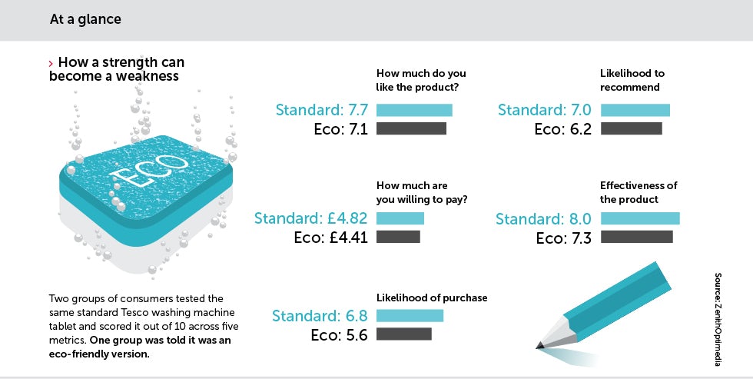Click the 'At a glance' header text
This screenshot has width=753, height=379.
(x=85, y=20)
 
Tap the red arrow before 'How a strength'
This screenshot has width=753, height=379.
(x=51, y=63)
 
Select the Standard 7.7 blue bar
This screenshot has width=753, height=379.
(x=414, y=110)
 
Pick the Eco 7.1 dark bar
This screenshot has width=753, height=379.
(x=411, y=128)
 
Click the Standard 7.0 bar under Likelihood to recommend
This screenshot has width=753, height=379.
(x=635, y=110)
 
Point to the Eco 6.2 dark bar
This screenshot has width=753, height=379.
(x=631, y=128)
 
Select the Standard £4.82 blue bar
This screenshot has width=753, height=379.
(x=400, y=218)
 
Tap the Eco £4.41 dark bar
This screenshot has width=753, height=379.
(x=398, y=237)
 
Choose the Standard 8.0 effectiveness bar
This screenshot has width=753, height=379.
(x=640, y=218)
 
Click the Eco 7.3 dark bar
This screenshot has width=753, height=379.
(x=637, y=237)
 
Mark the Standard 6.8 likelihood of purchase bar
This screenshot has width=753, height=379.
(x=410, y=316)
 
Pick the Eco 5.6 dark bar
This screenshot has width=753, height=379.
(x=404, y=334)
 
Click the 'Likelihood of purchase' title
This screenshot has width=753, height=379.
(x=432, y=298)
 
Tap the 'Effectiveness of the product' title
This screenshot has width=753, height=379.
(x=639, y=193)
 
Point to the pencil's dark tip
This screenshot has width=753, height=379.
(x=539, y=345)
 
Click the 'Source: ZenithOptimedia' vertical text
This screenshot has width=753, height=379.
(x=718, y=320)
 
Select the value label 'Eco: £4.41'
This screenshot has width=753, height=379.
(x=331, y=238)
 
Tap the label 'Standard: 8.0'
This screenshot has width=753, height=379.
(x=543, y=219)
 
